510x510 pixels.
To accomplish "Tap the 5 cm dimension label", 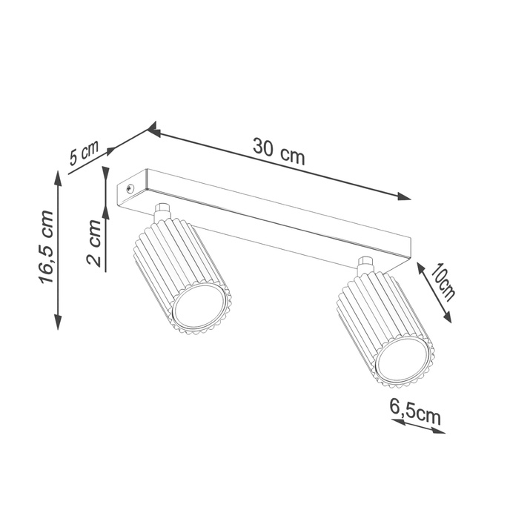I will point(84,154).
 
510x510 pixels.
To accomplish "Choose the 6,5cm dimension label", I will point(414,413).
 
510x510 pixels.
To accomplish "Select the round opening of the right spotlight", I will point(401,360).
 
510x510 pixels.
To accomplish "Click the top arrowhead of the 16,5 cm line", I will point(59,175).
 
